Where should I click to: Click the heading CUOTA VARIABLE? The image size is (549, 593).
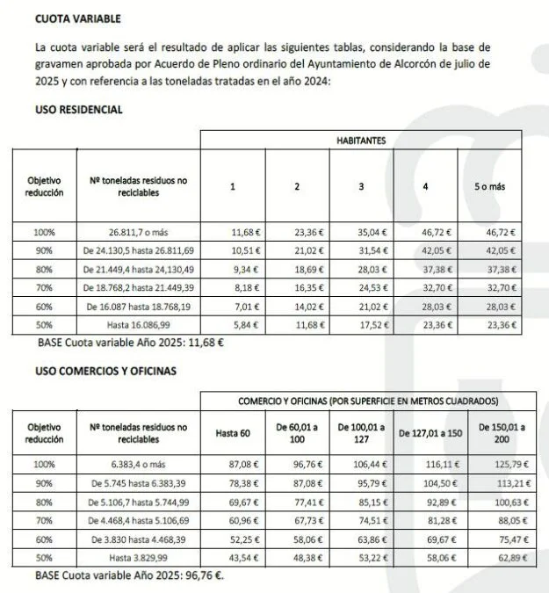click(78, 18)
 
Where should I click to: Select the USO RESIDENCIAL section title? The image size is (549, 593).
click(79, 110)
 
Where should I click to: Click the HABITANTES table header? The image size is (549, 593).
click(360, 140)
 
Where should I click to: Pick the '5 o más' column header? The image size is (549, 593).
click(489, 186)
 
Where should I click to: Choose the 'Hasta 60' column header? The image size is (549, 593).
click(233, 433)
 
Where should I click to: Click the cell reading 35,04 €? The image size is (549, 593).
click(360, 232)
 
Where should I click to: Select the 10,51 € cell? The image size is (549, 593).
click(233, 249)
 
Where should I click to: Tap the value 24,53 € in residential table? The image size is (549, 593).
click(360, 286)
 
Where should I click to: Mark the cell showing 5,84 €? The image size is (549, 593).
click(233, 322)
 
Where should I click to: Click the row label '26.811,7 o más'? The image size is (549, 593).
click(139, 232)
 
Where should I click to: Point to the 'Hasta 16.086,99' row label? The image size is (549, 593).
click(139, 322)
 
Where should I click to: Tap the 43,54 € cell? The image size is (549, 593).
click(233, 557)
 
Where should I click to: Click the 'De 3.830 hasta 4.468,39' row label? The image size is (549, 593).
click(139, 538)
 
